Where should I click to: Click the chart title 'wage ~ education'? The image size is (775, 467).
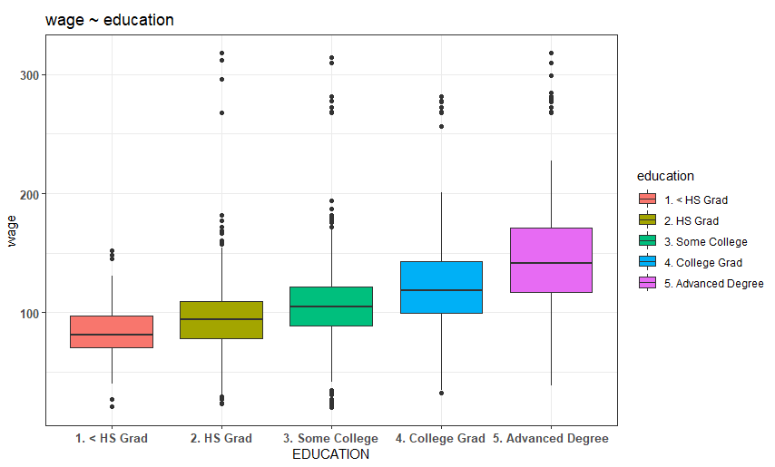click(109, 20)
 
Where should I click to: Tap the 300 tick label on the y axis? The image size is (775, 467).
click(29, 75)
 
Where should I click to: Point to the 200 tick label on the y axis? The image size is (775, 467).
click(29, 194)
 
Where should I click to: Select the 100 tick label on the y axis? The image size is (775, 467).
click(29, 314)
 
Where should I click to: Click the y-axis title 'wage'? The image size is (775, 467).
click(12, 231)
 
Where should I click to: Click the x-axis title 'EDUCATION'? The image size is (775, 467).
click(330, 454)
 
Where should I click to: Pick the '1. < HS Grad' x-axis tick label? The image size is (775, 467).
click(112, 438)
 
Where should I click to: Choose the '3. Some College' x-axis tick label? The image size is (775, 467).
click(330, 438)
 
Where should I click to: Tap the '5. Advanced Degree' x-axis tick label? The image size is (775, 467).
click(551, 438)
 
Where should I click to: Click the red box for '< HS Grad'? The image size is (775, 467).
click(112, 332)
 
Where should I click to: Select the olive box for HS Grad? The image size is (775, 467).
click(221, 320)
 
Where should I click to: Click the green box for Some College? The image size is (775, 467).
click(331, 306)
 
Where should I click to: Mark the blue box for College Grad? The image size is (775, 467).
click(441, 287)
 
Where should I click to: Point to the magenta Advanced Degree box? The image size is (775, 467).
click(551, 260)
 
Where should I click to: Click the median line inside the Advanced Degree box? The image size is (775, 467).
click(551, 263)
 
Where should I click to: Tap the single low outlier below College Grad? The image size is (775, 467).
click(441, 394)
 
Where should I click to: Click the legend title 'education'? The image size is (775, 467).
click(665, 176)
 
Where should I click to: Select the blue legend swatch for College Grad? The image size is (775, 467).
click(647, 262)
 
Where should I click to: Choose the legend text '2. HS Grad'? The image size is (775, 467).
click(692, 221)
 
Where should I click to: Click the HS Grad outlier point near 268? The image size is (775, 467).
click(222, 113)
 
